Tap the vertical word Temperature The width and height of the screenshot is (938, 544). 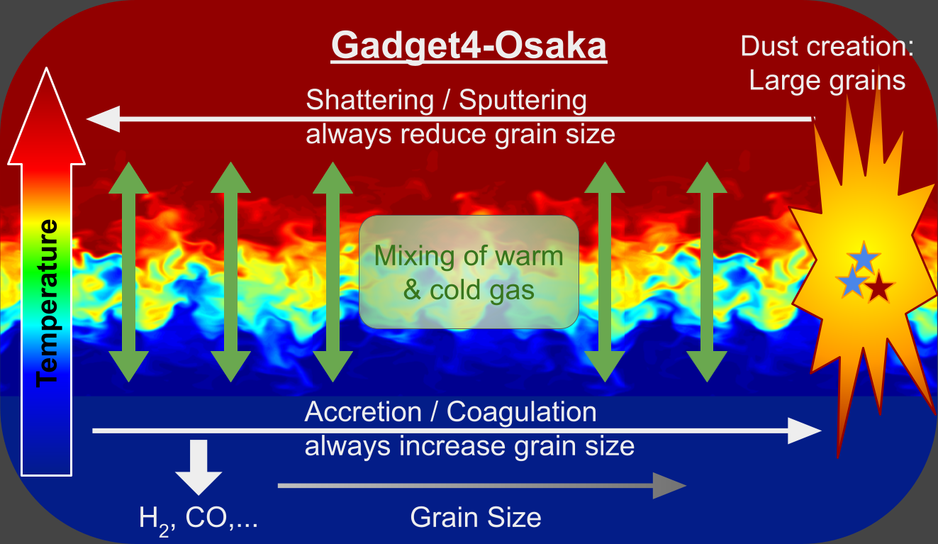[48, 302]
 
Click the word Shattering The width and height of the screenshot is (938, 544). [369, 101]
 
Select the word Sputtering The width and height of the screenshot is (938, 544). [523, 101]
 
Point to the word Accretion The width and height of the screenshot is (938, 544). [363, 412]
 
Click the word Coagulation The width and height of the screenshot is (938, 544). [522, 412]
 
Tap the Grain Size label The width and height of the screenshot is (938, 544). [476, 517]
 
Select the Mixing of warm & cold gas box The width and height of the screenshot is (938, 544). [469, 272]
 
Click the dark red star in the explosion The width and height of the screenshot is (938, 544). [879, 287]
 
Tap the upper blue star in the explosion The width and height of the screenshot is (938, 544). [863, 257]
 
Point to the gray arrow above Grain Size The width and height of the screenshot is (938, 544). [482, 486]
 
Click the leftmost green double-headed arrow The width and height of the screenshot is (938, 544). [128, 272]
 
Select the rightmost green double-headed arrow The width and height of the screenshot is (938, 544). [707, 272]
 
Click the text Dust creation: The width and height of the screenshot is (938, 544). [827, 48]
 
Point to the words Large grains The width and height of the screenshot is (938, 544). [827, 80]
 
